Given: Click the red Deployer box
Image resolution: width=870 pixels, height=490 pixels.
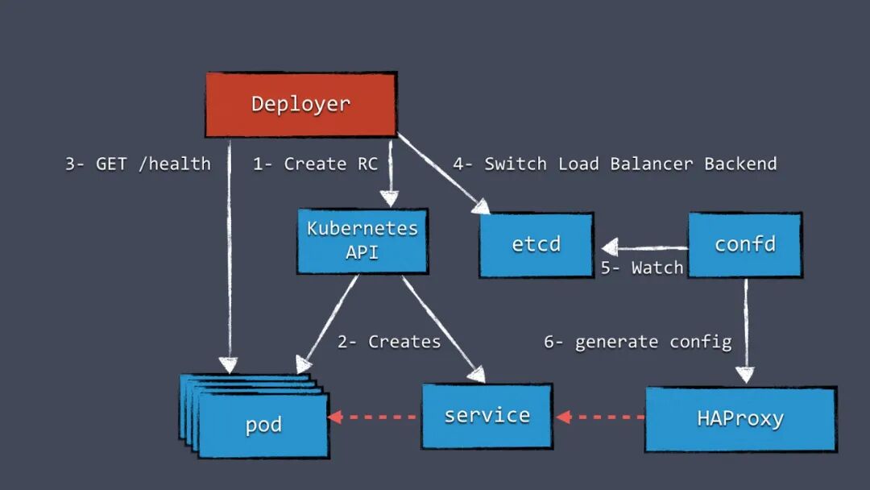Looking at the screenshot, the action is click(x=301, y=104).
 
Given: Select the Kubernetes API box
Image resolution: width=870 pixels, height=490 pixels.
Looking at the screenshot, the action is click(x=362, y=241).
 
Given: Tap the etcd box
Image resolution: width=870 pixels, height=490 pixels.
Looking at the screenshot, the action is click(x=536, y=245).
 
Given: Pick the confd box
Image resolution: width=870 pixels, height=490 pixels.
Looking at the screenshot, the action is click(x=745, y=245).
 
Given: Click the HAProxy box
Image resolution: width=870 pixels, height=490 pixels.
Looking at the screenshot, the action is click(x=741, y=419).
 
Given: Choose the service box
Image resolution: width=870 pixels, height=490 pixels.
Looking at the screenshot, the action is click(x=487, y=416).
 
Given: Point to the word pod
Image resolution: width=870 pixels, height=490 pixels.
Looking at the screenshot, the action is click(x=263, y=425).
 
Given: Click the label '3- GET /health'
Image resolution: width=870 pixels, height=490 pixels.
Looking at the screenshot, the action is click(x=139, y=164).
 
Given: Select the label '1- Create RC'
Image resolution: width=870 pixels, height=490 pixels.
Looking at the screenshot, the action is click(x=315, y=164).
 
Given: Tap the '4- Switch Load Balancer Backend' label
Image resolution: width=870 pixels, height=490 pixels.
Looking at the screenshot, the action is click(x=615, y=164).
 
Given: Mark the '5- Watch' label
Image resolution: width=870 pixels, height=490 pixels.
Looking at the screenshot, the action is click(x=642, y=268).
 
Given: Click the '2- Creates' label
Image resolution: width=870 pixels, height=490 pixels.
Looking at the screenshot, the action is click(x=389, y=342).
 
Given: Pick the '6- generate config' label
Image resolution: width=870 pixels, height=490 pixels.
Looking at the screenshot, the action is click(x=637, y=343).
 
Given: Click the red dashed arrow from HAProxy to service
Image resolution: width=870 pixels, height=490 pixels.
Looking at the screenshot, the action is click(x=600, y=417).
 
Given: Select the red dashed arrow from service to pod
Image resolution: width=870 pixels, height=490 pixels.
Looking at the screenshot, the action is click(x=372, y=417).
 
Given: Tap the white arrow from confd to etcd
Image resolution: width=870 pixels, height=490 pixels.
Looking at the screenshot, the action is click(x=644, y=247).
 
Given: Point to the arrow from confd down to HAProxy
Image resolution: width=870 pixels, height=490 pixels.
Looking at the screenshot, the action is click(x=745, y=330).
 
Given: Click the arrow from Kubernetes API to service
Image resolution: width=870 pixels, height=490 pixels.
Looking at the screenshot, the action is click(x=444, y=329).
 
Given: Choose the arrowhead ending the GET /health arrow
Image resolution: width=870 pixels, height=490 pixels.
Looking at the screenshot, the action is click(x=228, y=365).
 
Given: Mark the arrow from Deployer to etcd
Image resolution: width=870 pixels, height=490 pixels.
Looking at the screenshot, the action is click(x=444, y=174).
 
